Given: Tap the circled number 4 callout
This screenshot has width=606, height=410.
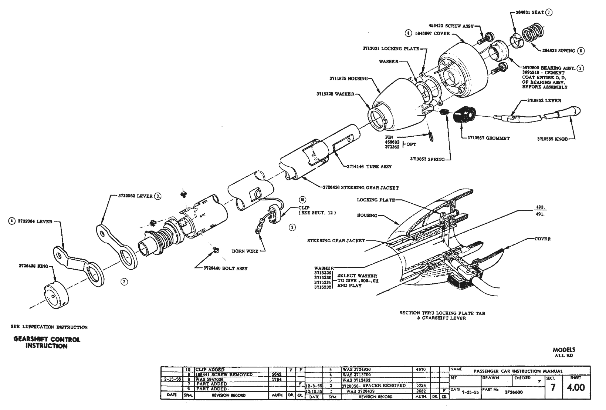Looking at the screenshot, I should coord(12,221).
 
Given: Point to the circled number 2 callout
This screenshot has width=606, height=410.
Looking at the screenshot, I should coord(124,282).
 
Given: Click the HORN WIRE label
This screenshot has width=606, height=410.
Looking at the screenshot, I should coord(245,251).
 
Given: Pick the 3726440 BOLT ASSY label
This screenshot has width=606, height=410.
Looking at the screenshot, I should coord(226,268).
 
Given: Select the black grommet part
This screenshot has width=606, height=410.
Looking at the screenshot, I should coord(463,114).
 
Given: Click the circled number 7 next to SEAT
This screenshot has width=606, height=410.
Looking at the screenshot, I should coord(549,12).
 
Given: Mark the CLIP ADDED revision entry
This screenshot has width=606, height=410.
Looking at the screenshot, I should coord(209,370).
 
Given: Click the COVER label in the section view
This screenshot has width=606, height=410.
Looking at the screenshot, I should coord(542,239).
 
